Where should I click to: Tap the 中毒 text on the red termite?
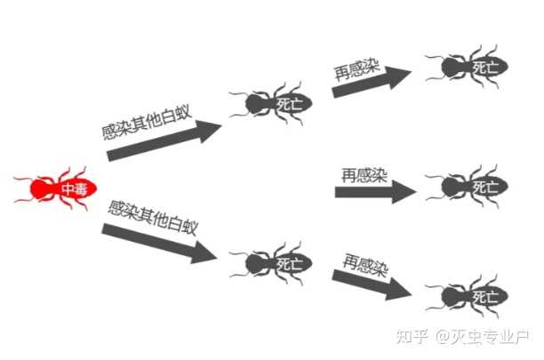pos(73,188)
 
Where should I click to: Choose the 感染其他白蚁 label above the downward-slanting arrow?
pos(151,218)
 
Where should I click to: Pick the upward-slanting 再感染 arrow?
pos(373,81)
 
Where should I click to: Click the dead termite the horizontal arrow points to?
pos(467,188)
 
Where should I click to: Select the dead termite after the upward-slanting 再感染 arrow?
pos(467,67)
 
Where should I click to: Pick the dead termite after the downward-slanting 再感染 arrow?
pos(467,294)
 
